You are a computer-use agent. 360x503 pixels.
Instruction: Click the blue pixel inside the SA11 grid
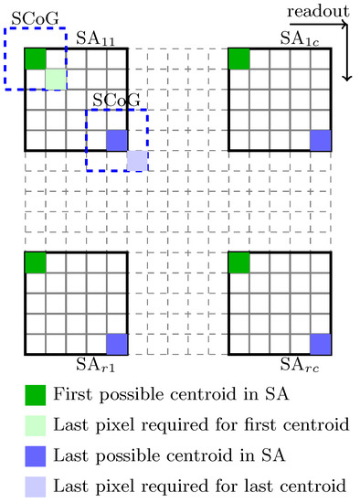116,140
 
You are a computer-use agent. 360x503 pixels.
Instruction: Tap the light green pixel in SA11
56,79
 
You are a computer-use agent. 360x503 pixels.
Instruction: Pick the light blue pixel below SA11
136,160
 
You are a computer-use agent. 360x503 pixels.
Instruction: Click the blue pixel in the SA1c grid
320,140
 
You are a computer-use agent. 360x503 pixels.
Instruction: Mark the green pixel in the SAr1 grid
35,262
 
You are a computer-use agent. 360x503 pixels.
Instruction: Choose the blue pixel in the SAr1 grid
116,344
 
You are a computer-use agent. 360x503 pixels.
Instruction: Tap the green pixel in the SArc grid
238,262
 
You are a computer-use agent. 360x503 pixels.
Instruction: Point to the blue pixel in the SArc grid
320,344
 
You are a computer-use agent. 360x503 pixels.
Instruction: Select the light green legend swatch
35,424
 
